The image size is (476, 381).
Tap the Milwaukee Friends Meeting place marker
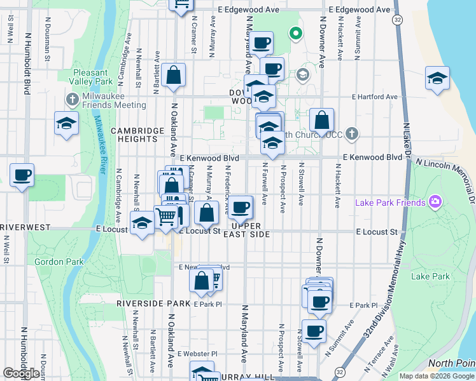(71, 100)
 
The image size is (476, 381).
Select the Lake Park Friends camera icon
(435, 203)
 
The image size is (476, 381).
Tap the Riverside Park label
(153, 304)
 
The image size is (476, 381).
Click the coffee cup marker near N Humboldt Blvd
(22, 175)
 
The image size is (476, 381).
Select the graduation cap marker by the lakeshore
(437, 79)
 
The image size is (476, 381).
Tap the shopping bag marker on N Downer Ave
(322, 120)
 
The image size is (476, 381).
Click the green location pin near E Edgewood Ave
(295, 33)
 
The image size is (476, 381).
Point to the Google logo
(21, 373)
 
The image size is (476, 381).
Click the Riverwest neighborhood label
(19, 227)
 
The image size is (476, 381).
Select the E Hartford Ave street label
(375, 97)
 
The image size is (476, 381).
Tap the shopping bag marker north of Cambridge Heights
(173, 76)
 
